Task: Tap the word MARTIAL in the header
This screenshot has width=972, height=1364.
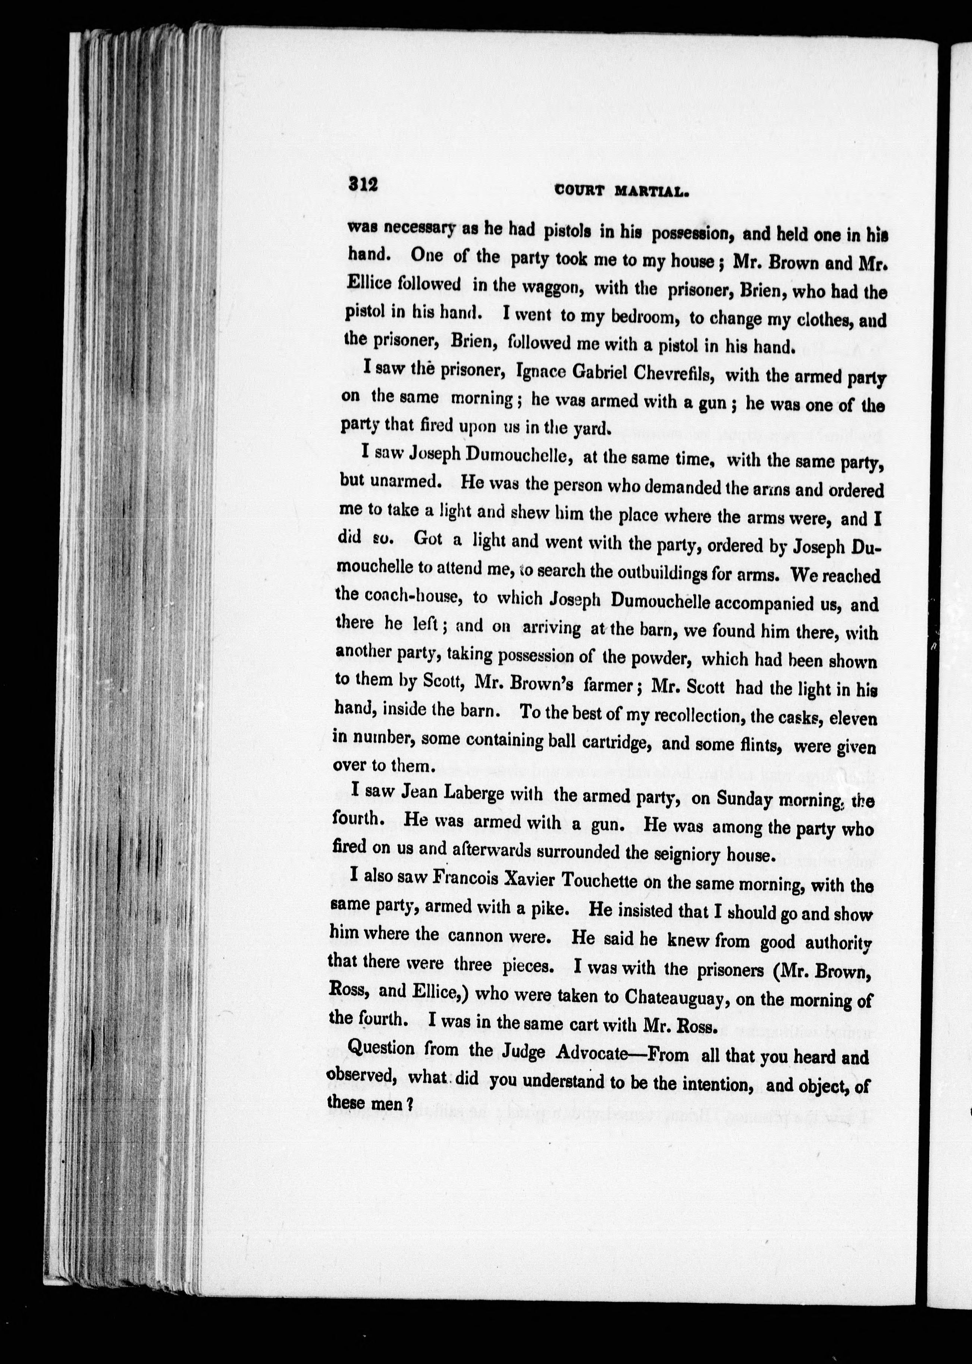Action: tap(653, 191)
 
